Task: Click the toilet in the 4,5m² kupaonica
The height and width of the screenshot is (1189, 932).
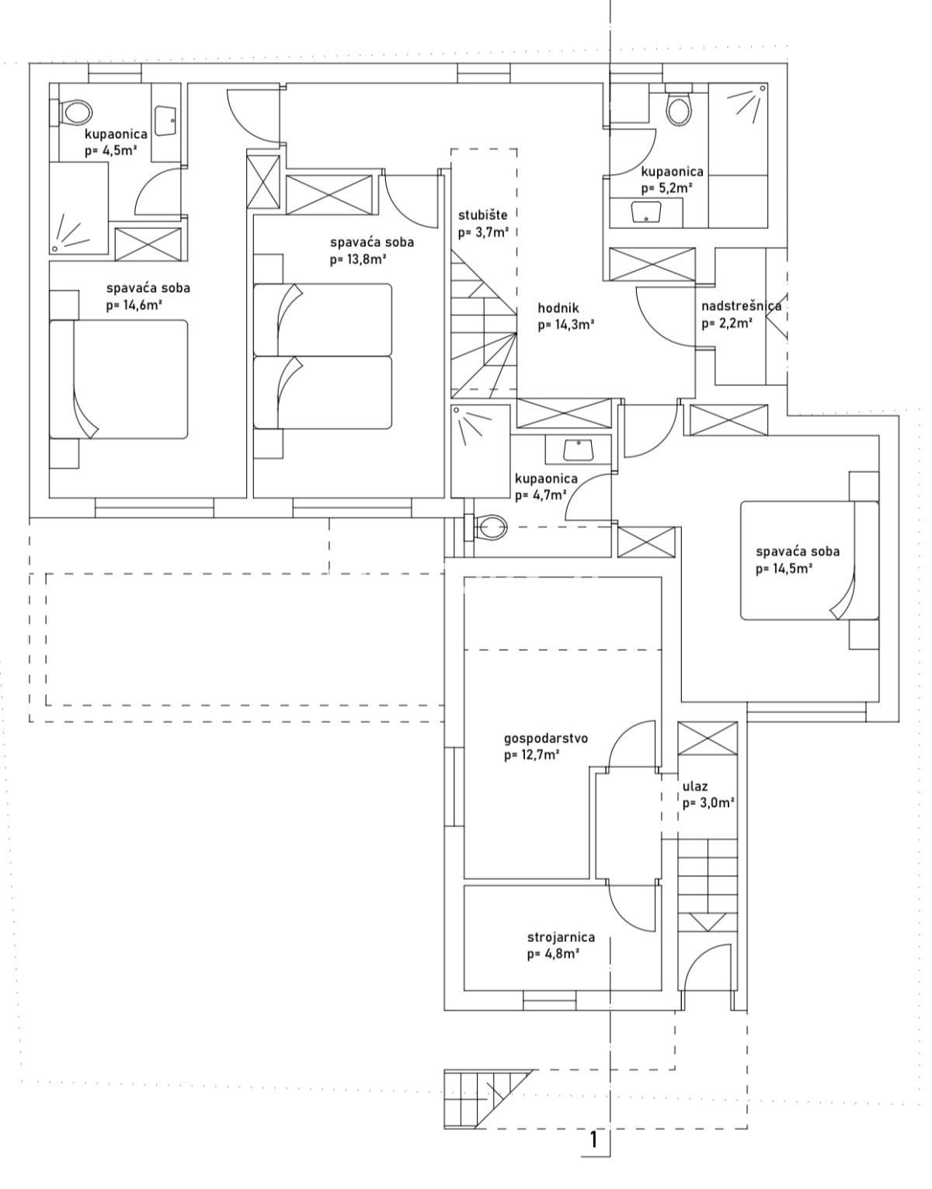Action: pyautogui.click(x=75, y=113)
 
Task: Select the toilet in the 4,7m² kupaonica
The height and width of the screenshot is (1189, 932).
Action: pyautogui.click(x=489, y=529)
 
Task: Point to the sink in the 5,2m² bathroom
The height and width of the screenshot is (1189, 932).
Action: pyautogui.click(x=645, y=211)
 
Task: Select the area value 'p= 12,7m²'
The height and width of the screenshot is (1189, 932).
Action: pyautogui.click(x=532, y=754)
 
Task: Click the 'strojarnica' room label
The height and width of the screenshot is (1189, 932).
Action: pyautogui.click(x=561, y=937)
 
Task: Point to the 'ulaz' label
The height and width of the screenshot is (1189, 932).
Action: pyautogui.click(x=694, y=787)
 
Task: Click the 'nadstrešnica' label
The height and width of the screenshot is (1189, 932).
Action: pyautogui.click(x=741, y=305)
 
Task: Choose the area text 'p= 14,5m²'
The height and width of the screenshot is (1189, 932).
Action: pyautogui.click(x=784, y=568)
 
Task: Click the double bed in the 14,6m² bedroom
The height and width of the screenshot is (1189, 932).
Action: pyautogui.click(x=119, y=379)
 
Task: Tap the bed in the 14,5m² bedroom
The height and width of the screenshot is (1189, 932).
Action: pyautogui.click(x=809, y=560)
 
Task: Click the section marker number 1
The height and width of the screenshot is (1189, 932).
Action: pyautogui.click(x=594, y=1139)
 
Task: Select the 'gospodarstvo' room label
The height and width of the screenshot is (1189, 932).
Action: pyautogui.click(x=546, y=738)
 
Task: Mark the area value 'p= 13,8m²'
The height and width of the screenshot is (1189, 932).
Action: pyautogui.click(x=358, y=259)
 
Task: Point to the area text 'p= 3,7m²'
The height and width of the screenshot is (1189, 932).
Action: pyautogui.click(x=483, y=231)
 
